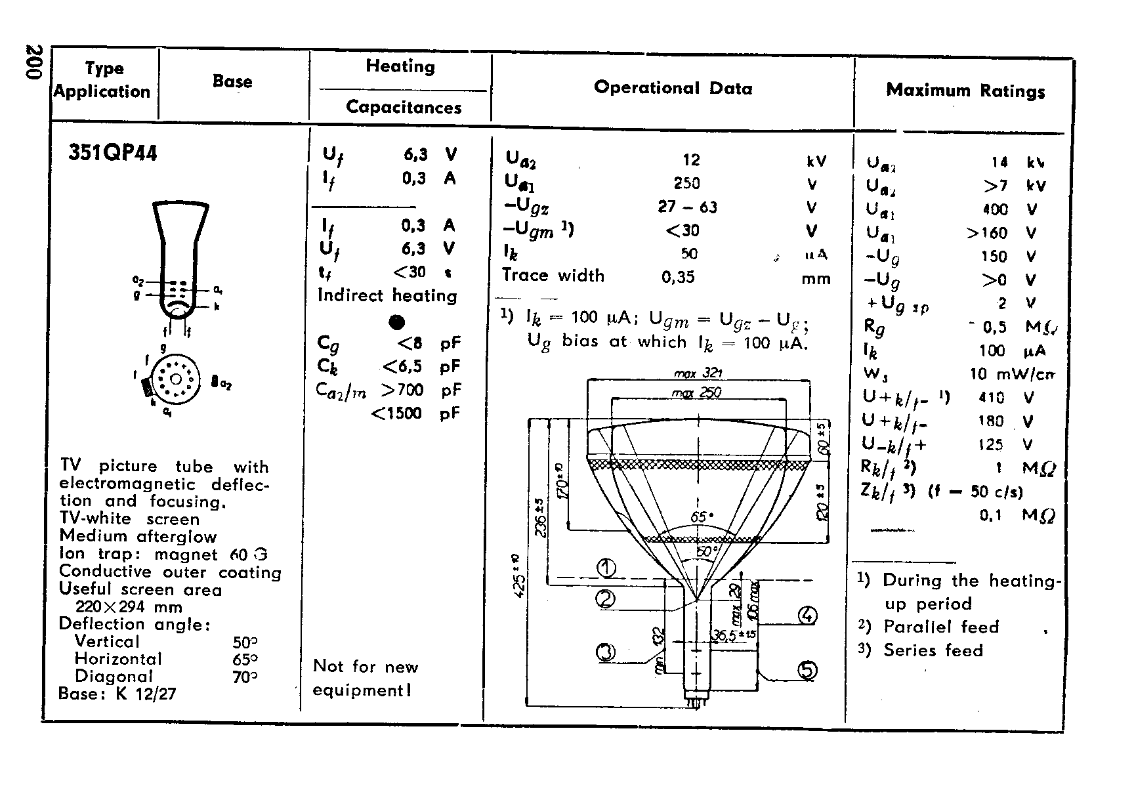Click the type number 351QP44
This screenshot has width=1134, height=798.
113,154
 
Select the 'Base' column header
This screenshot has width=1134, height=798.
232,81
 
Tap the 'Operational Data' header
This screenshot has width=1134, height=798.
673,88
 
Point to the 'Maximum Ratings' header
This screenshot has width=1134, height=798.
965,91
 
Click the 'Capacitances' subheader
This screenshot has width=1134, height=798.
404,107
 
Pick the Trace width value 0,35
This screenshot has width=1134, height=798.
678,277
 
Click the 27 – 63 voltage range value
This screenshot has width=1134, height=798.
687,207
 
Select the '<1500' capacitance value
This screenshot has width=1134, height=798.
396,413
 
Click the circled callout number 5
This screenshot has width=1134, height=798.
808,670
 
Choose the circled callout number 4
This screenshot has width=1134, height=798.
807,616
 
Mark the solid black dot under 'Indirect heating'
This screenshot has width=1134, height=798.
396,322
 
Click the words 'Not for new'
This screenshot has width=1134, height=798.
366,667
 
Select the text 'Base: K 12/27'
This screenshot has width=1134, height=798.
117,694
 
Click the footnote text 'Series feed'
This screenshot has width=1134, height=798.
933,650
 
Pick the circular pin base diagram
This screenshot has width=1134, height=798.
175,380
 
